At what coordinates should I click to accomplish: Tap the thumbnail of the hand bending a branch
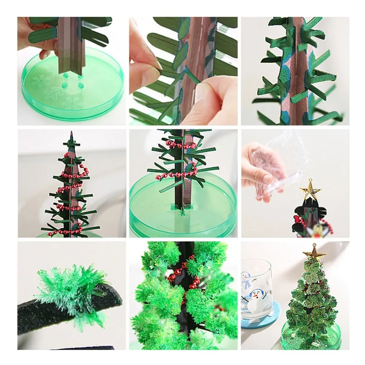coord(182,71)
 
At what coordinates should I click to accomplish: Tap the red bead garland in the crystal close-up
coord(182,276)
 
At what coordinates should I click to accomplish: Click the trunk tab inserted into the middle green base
coord(181,210)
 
